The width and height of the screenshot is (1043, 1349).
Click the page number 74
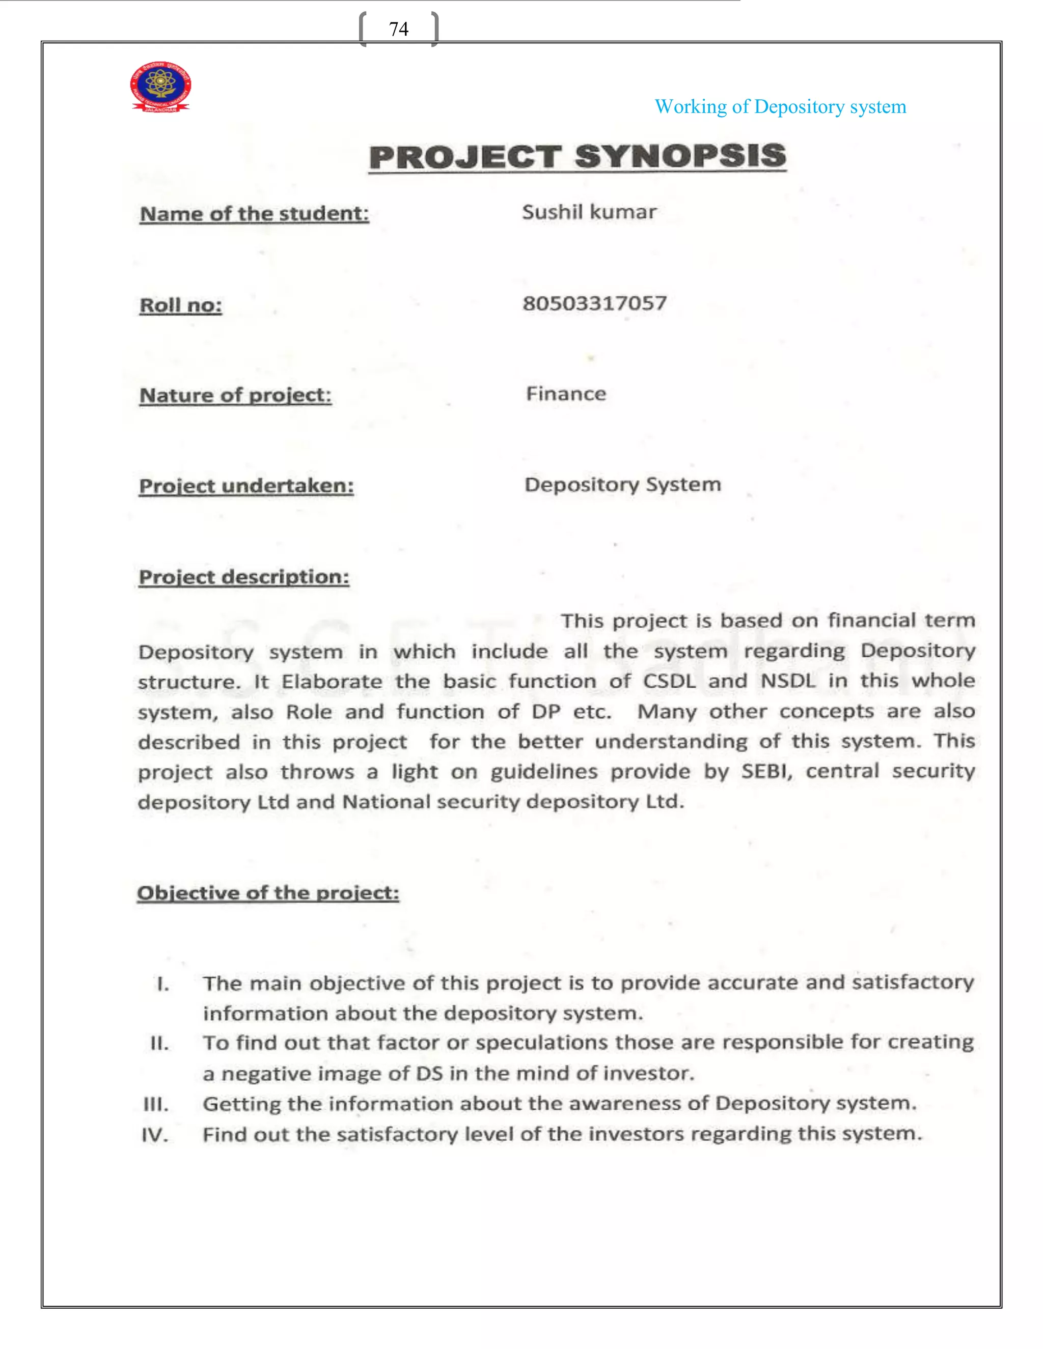pyautogui.click(x=399, y=29)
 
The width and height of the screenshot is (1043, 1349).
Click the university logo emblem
pyautogui.click(x=160, y=87)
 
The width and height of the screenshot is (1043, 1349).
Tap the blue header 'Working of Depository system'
pyautogui.click(x=780, y=107)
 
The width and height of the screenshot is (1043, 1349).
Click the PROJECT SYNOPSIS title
pyautogui.click(x=577, y=156)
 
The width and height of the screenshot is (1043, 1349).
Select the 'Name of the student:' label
pyautogui.click(x=254, y=214)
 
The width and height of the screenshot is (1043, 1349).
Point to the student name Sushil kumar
pyautogui.click(x=589, y=212)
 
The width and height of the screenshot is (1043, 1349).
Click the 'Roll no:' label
pyautogui.click(x=180, y=305)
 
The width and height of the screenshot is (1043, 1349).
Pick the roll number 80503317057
pyautogui.click(x=594, y=303)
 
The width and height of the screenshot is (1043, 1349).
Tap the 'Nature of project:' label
pyautogui.click(x=235, y=396)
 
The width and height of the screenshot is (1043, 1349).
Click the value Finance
pyautogui.click(x=566, y=394)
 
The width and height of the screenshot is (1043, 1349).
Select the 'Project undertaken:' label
pyautogui.click(x=246, y=486)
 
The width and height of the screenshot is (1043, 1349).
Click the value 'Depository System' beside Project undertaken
pyautogui.click(x=622, y=484)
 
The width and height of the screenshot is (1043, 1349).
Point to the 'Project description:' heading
pyautogui.click(x=243, y=577)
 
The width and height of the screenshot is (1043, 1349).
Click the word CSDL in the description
pyautogui.click(x=669, y=681)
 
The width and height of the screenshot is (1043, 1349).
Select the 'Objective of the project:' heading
pyautogui.click(x=267, y=893)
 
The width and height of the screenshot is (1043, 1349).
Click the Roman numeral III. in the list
pyautogui.click(x=156, y=1104)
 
